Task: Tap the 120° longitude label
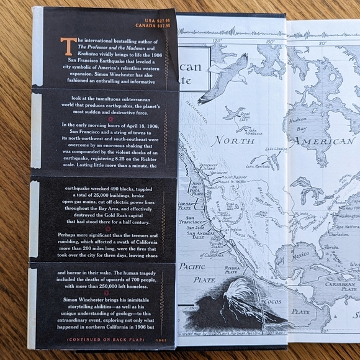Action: pyautogui.click(x=217, y=42)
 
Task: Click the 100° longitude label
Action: pyautogui.click(x=270, y=42)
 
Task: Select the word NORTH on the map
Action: pyautogui.click(x=229, y=139)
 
